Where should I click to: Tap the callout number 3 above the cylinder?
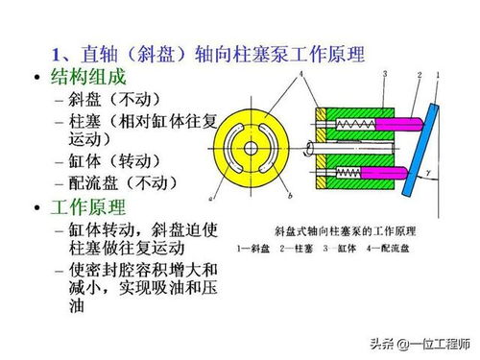click(384, 74)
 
